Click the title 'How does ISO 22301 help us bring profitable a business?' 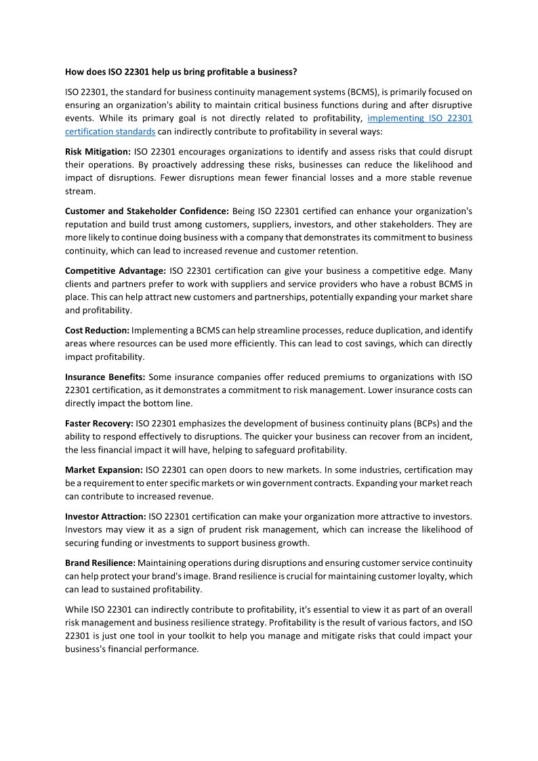pyautogui.click(x=181, y=71)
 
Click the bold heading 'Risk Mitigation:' pyautogui.click(x=98, y=151)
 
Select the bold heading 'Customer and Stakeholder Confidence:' pyautogui.click(x=147, y=211)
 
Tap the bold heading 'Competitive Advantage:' pyautogui.click(x=115, y=270)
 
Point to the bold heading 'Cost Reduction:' pyautogui.click(x=97, y=330)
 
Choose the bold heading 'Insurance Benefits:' pyautogui.click(x=104, y=377)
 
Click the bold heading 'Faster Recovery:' pyautogui.click(x=99, y=423)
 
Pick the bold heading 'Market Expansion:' pyautogui.click(x=104, y=470)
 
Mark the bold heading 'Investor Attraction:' pyautogui.click(x=106, y=516)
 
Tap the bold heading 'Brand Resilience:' pyautogui.click(x=100, y=562)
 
